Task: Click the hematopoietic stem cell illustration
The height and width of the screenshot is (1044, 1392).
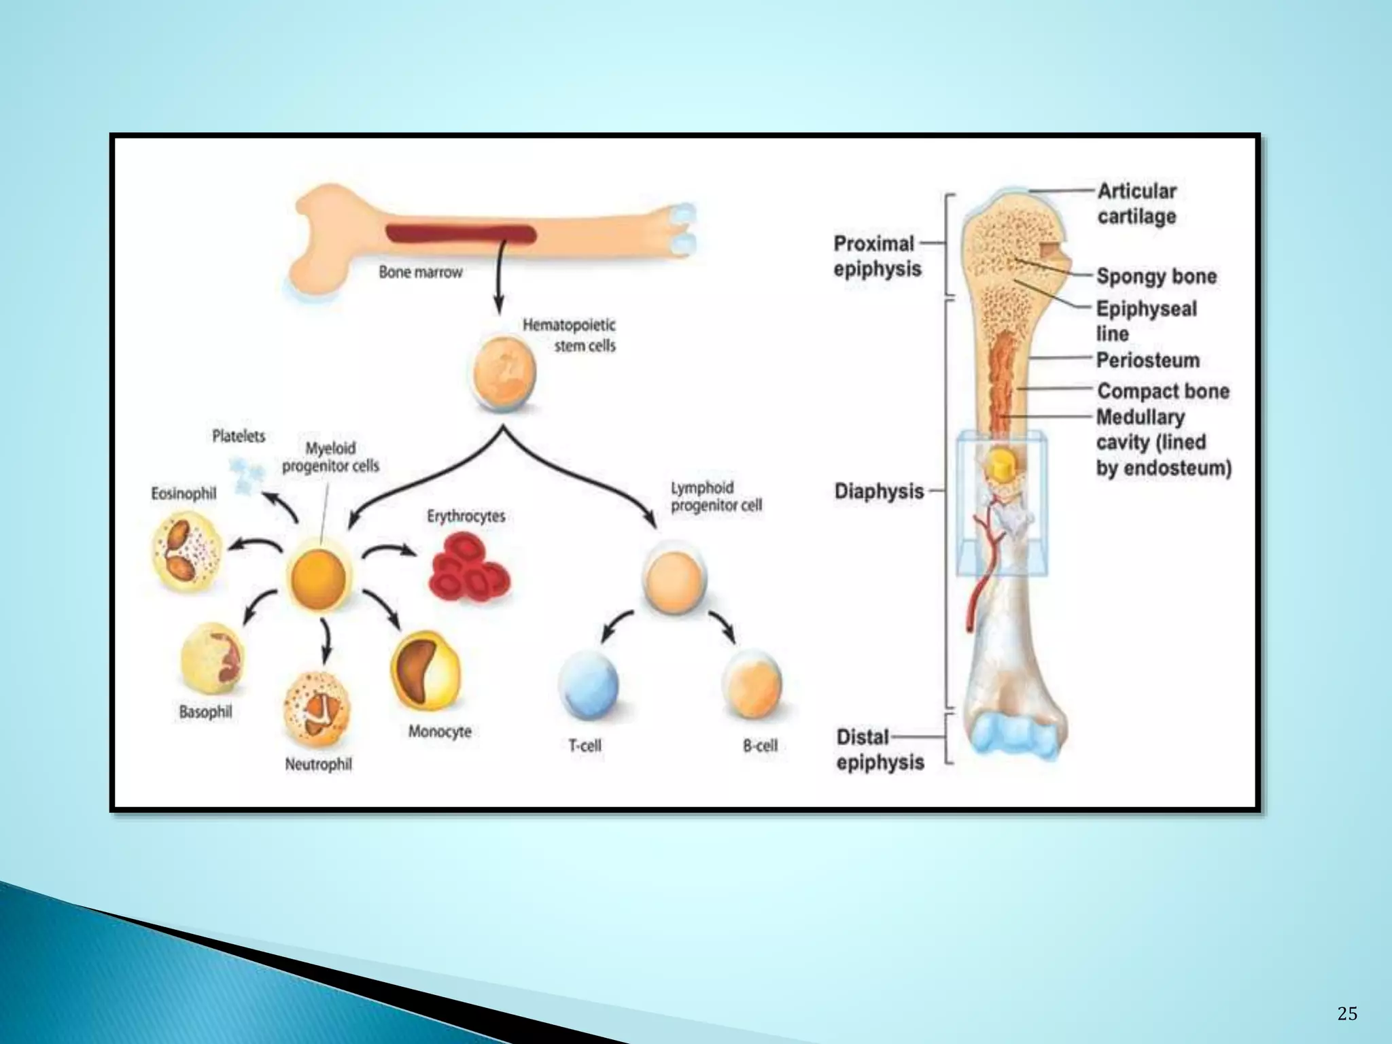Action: pyautogui.click(x=504, y=373)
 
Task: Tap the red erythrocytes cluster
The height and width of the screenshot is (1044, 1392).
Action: pyautogui.click(x=469, y=568)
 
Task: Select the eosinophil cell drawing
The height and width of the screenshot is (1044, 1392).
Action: pyautogui.click(x=186, y=552)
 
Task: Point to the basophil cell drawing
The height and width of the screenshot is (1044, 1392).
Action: pyautogui.click(x=211, y=658)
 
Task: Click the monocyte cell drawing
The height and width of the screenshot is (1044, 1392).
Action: pyautogui.click(x=425, y=672)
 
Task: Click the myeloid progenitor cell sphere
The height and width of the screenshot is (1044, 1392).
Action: pyautogui.click(x=318, y=578)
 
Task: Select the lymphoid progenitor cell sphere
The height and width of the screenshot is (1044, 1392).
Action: pyautogui.click(x=674, y=580)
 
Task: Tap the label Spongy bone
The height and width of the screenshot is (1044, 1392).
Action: pyautogui.click(x=1157, y=277)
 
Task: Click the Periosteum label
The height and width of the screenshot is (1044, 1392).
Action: pyautogui.click(x=1148, y=360)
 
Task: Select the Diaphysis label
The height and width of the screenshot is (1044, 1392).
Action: pyautogui.click(x=879, y=491)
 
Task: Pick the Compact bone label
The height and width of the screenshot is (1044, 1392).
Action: pyautogui.click(x=1164, y=391)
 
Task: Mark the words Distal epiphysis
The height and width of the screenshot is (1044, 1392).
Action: pyautogui.click(x=880, y=750)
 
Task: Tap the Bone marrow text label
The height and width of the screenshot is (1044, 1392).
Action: pyautogui.click(x=420, y=272)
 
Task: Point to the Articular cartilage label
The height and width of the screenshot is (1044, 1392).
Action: pyautogui.click(x=1137, y=203)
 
